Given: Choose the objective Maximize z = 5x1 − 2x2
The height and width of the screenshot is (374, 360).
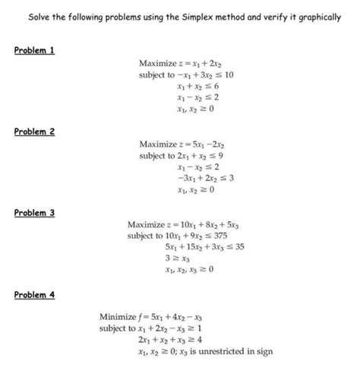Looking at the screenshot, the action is click(179, 143).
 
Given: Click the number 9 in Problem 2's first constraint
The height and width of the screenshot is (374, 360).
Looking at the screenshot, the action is click(218, 156).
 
